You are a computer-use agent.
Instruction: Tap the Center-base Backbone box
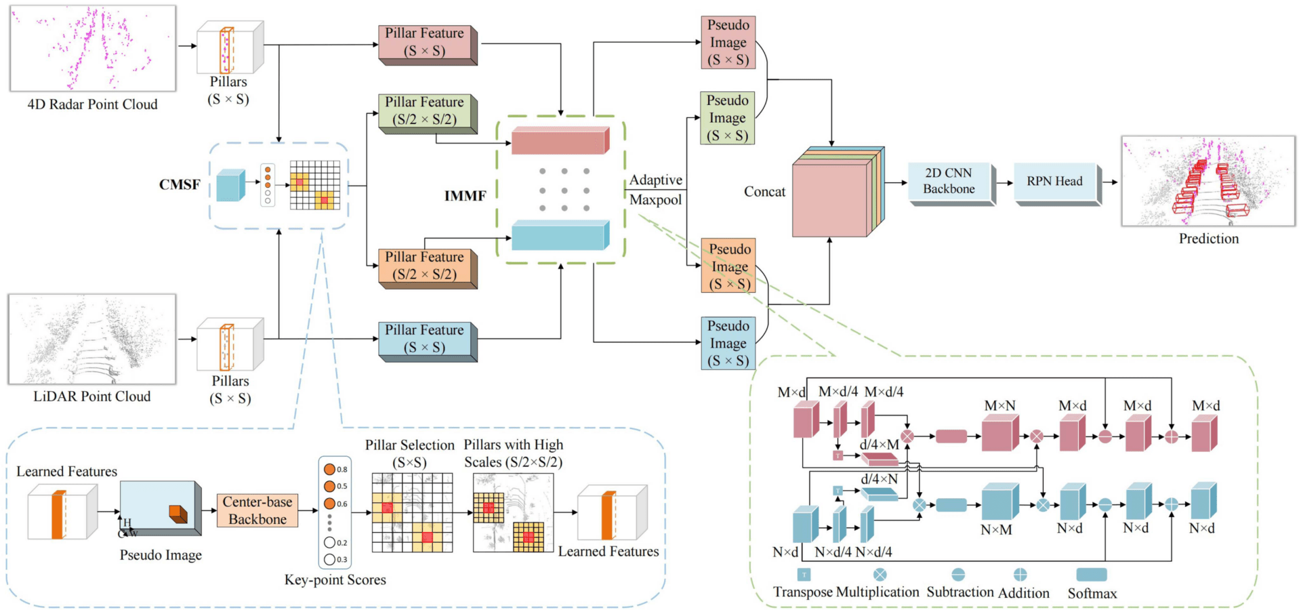257,510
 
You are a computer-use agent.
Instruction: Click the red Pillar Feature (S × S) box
424,42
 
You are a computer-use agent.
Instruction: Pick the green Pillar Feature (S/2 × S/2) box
424,110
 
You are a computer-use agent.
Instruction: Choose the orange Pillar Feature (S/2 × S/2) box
424,266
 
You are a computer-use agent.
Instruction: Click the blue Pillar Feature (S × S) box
424,338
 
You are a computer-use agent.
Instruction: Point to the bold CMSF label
180,184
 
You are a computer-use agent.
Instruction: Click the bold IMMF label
465,196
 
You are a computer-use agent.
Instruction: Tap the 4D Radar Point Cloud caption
92,104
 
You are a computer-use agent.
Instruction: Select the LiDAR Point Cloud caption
92,396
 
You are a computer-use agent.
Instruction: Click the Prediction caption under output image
1208,239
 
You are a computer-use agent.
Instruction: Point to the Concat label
764,192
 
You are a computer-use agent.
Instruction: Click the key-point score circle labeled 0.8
330,469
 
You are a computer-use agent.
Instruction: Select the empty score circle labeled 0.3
330,559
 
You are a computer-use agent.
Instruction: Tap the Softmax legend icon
1091,575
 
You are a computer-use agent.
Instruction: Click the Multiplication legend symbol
880,575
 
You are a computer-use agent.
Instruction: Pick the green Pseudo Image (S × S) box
727,118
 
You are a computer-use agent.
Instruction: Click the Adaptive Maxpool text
655,190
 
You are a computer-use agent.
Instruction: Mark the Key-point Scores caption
335,579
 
